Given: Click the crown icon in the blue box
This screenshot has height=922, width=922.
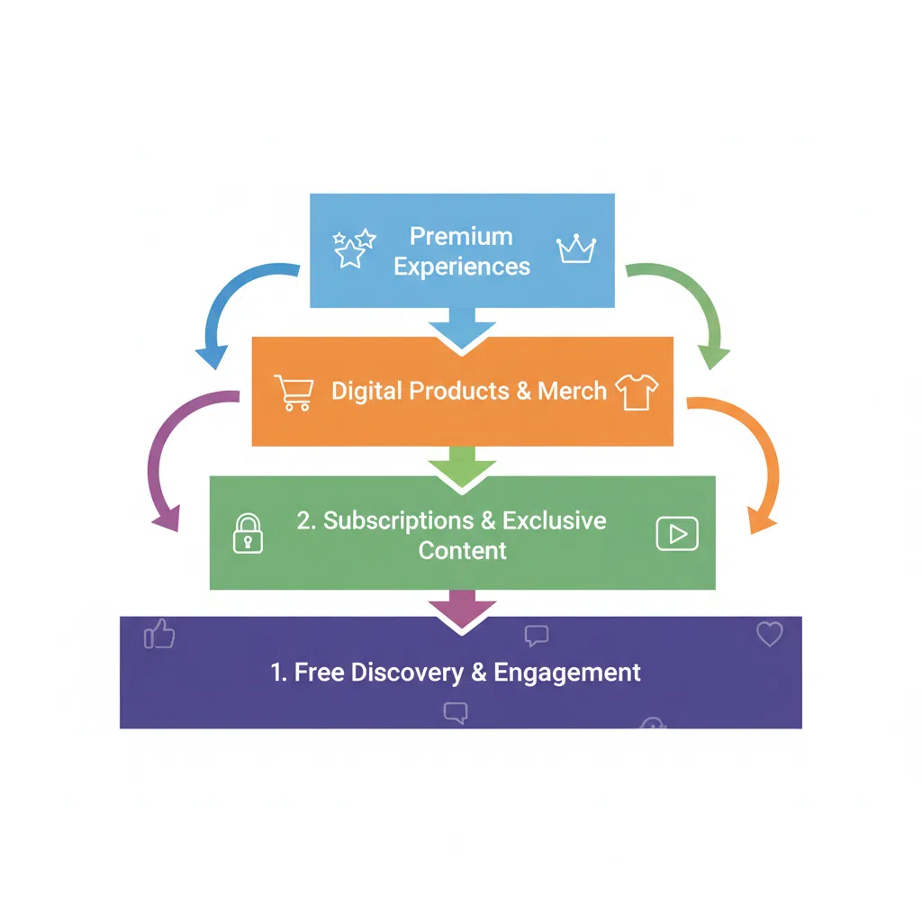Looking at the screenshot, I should click(x=576, y=249).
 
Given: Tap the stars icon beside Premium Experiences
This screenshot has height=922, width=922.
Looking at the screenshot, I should click(x=353, y=248).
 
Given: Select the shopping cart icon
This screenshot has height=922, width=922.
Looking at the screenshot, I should click(x=294, y=392).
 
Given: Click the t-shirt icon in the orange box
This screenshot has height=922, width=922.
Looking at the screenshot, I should click(x=637, y=392).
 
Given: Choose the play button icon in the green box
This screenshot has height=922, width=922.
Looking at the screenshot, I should click(x=676, y=534).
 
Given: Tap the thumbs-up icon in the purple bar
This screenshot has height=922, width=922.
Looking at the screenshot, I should click(x=160, y=635).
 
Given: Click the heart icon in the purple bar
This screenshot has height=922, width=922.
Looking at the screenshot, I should click(x=769, y=634).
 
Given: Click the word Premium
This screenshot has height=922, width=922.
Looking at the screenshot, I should click(x=461, y=236).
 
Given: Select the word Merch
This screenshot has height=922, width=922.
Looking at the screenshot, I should click(x=573, y=391).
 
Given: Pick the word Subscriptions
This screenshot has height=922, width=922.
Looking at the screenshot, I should click(x=399, y=520).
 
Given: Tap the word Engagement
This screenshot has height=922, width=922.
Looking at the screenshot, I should click(x=568, y=673).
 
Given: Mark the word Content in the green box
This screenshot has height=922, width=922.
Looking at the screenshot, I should click(x=463, y=550).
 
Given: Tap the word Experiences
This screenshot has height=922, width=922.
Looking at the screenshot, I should click(x=462, y=267).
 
